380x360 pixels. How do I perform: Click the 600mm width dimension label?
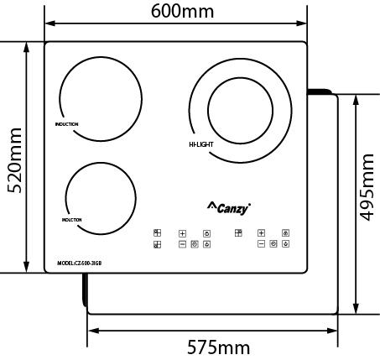pos(182,11)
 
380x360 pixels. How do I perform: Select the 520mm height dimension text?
pos(13,159)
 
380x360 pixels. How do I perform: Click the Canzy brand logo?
pos(229,207)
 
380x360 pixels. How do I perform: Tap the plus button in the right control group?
pos(262,232)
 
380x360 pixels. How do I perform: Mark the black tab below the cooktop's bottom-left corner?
pos(86,289)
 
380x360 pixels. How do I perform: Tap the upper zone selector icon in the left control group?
pos(157,233)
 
